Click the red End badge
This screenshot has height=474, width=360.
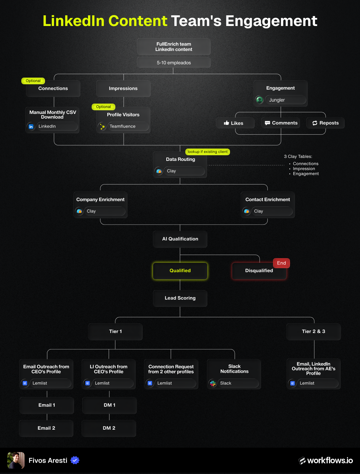click(x=281, y=263)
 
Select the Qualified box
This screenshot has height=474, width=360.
click(x=180, y=271)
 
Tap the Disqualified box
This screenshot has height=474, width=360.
click(x=259, y=271)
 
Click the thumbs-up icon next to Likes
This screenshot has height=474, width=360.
click(x=226, y=123)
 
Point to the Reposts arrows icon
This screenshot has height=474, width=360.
click(x=315, y=123)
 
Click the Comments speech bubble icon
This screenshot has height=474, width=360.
click(x=267, y=123)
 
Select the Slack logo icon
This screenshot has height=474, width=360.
click(x=213, y=383)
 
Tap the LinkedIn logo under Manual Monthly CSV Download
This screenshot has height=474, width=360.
click(x=31, y=127)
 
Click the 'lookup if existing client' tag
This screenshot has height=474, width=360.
click(x=207, y=152)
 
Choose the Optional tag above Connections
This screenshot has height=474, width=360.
click(x=33, y=81)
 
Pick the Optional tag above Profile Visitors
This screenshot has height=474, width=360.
click(x=103, y=107)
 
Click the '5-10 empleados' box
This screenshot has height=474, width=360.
click(x=174, y=63)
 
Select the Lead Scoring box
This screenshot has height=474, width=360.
click(x=180, y=298)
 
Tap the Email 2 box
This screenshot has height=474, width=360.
click(x=46, y=428)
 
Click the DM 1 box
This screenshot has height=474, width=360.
click(x=109, y=405)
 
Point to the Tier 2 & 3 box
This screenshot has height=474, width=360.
click(x=314, y=331)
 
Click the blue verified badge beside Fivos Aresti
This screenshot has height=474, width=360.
click(x=75, y=460)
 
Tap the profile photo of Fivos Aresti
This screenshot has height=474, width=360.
click(x=16, y=460)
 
